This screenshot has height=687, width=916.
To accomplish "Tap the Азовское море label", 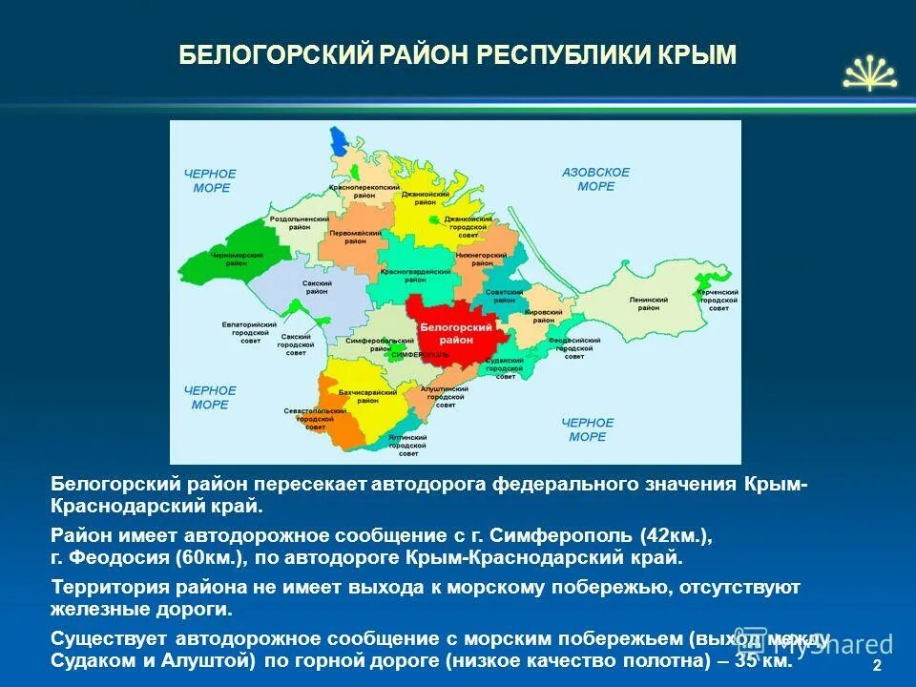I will click(x=596, y=179).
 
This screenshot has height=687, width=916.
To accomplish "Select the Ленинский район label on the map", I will click(x=648, y=303).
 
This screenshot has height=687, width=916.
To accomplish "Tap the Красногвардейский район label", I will click(x=415, y=277).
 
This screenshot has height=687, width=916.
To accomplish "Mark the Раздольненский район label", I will click(x=300, y=223).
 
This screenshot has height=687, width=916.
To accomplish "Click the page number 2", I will click(x=877, y=665).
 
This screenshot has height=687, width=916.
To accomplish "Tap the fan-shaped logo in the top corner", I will click(x=869, y=73).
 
